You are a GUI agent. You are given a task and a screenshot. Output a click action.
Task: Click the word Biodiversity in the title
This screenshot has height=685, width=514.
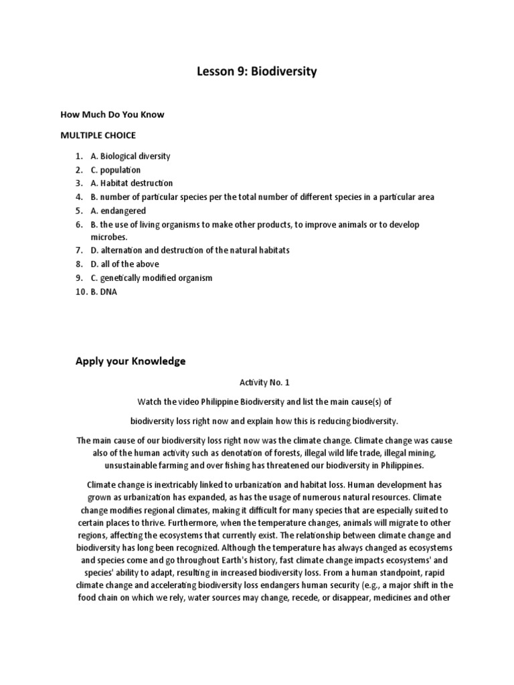280,71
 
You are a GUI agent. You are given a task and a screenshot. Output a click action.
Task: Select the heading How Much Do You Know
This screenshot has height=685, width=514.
112,114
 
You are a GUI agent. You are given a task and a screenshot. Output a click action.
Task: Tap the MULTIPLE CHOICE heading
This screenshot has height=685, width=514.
98,135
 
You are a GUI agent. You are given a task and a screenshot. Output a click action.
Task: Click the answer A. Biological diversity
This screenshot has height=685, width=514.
131,156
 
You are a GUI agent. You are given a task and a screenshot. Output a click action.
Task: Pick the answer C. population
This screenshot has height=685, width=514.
116,169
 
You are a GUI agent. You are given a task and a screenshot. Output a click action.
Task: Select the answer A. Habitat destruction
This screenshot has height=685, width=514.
132,183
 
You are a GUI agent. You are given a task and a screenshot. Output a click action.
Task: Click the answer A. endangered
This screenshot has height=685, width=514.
118,210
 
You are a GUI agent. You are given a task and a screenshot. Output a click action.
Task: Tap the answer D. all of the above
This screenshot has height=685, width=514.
124,264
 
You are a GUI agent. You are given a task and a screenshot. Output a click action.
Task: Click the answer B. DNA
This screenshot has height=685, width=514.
104,292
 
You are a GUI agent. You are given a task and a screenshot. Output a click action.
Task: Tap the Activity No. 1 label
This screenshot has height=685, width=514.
257,383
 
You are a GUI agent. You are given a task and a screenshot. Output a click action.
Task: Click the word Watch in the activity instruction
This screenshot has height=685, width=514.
151,401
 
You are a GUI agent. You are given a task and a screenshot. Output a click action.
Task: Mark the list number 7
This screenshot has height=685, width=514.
78,250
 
